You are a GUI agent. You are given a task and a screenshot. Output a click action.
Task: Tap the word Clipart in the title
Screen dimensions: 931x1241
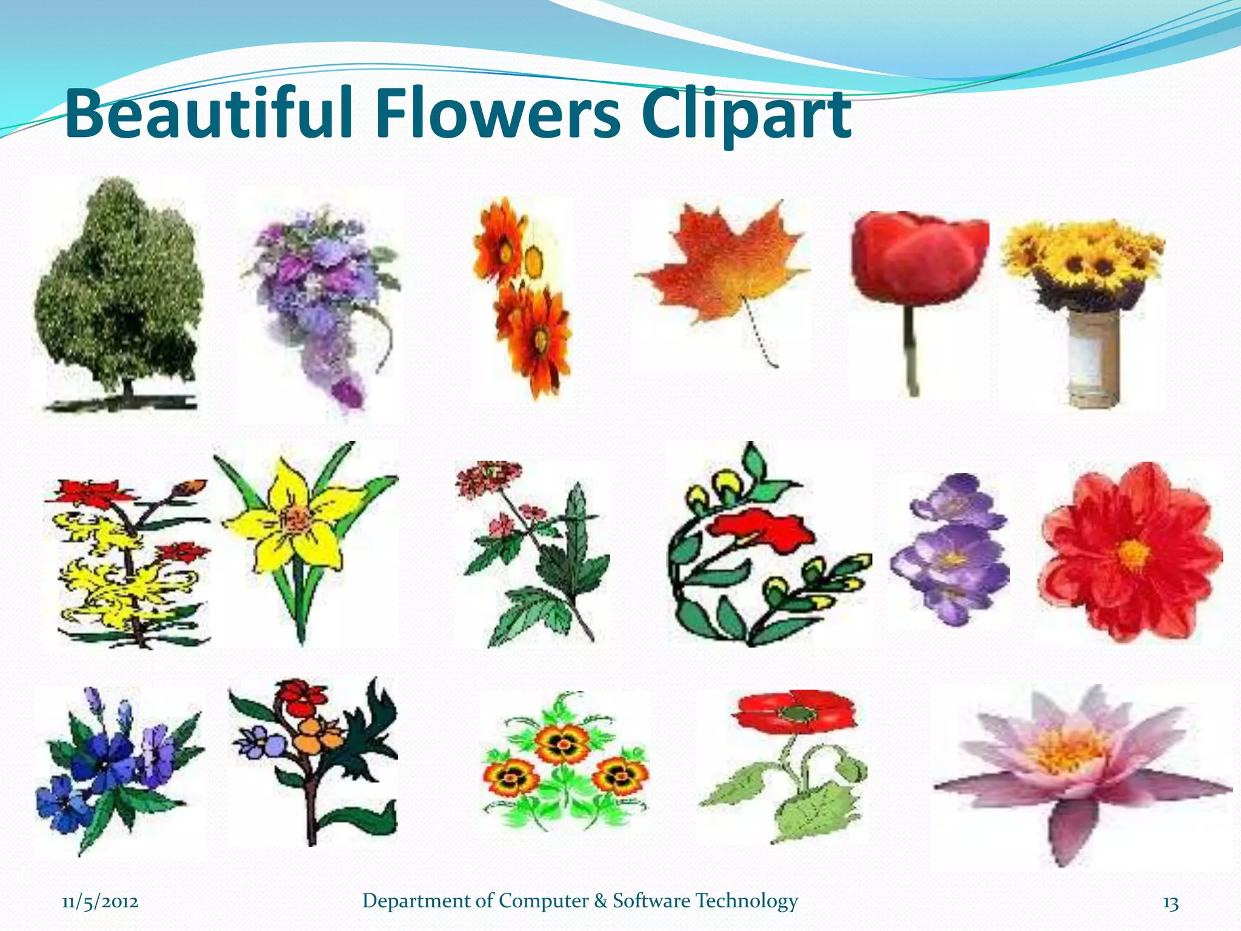pos(747,114)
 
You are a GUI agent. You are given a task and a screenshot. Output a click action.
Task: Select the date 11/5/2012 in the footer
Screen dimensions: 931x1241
pos(100,902)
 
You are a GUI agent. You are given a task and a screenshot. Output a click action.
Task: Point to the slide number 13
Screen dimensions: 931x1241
pos(1171,903)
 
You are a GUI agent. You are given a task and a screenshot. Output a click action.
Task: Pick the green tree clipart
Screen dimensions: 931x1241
pos(118,285)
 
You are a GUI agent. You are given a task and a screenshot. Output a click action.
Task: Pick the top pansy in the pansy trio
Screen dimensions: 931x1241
pos(562,742)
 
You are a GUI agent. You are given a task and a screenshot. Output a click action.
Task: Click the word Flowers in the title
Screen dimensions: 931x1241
pos(498,114)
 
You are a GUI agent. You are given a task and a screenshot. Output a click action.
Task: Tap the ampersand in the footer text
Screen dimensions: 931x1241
pos(601,901)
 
